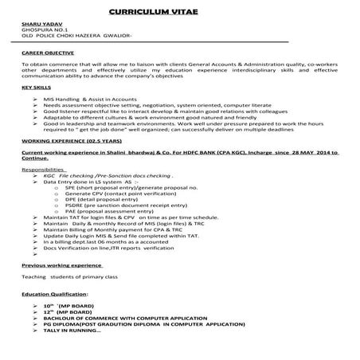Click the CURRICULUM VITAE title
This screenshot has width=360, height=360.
point(179,14)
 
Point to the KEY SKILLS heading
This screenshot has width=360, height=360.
point(37,85)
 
